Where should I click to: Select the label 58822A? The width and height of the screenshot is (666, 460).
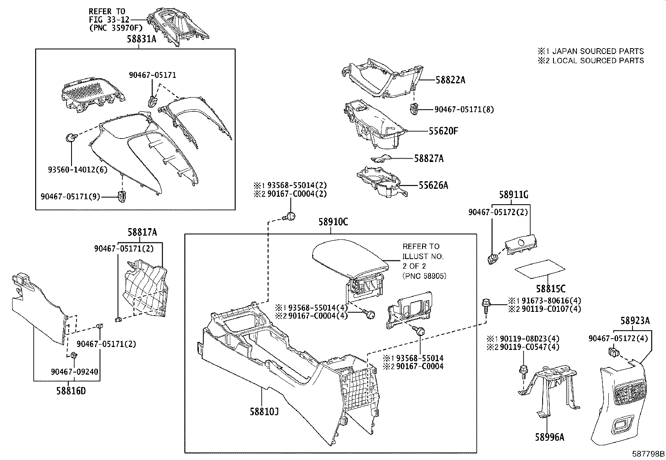pyautogui.click(x=450, y=80)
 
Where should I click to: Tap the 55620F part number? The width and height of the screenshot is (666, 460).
pyautogui.click(x=443, y=131)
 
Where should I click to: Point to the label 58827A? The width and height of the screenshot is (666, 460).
pyautogui.click(x=429, y=158)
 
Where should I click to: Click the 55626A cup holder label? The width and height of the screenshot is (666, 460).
pyautogui.click(x=433, y=185)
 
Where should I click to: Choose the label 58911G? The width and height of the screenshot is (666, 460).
pyautogui.click(x=513, y=195)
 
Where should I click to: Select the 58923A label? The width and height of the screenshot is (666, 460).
pyautogui.click(x=635, y=321)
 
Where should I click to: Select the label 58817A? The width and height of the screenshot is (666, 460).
pyautogui.click(x=142, y=232)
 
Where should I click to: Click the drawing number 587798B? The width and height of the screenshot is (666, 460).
pyautogui.click(x=648, y=453)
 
